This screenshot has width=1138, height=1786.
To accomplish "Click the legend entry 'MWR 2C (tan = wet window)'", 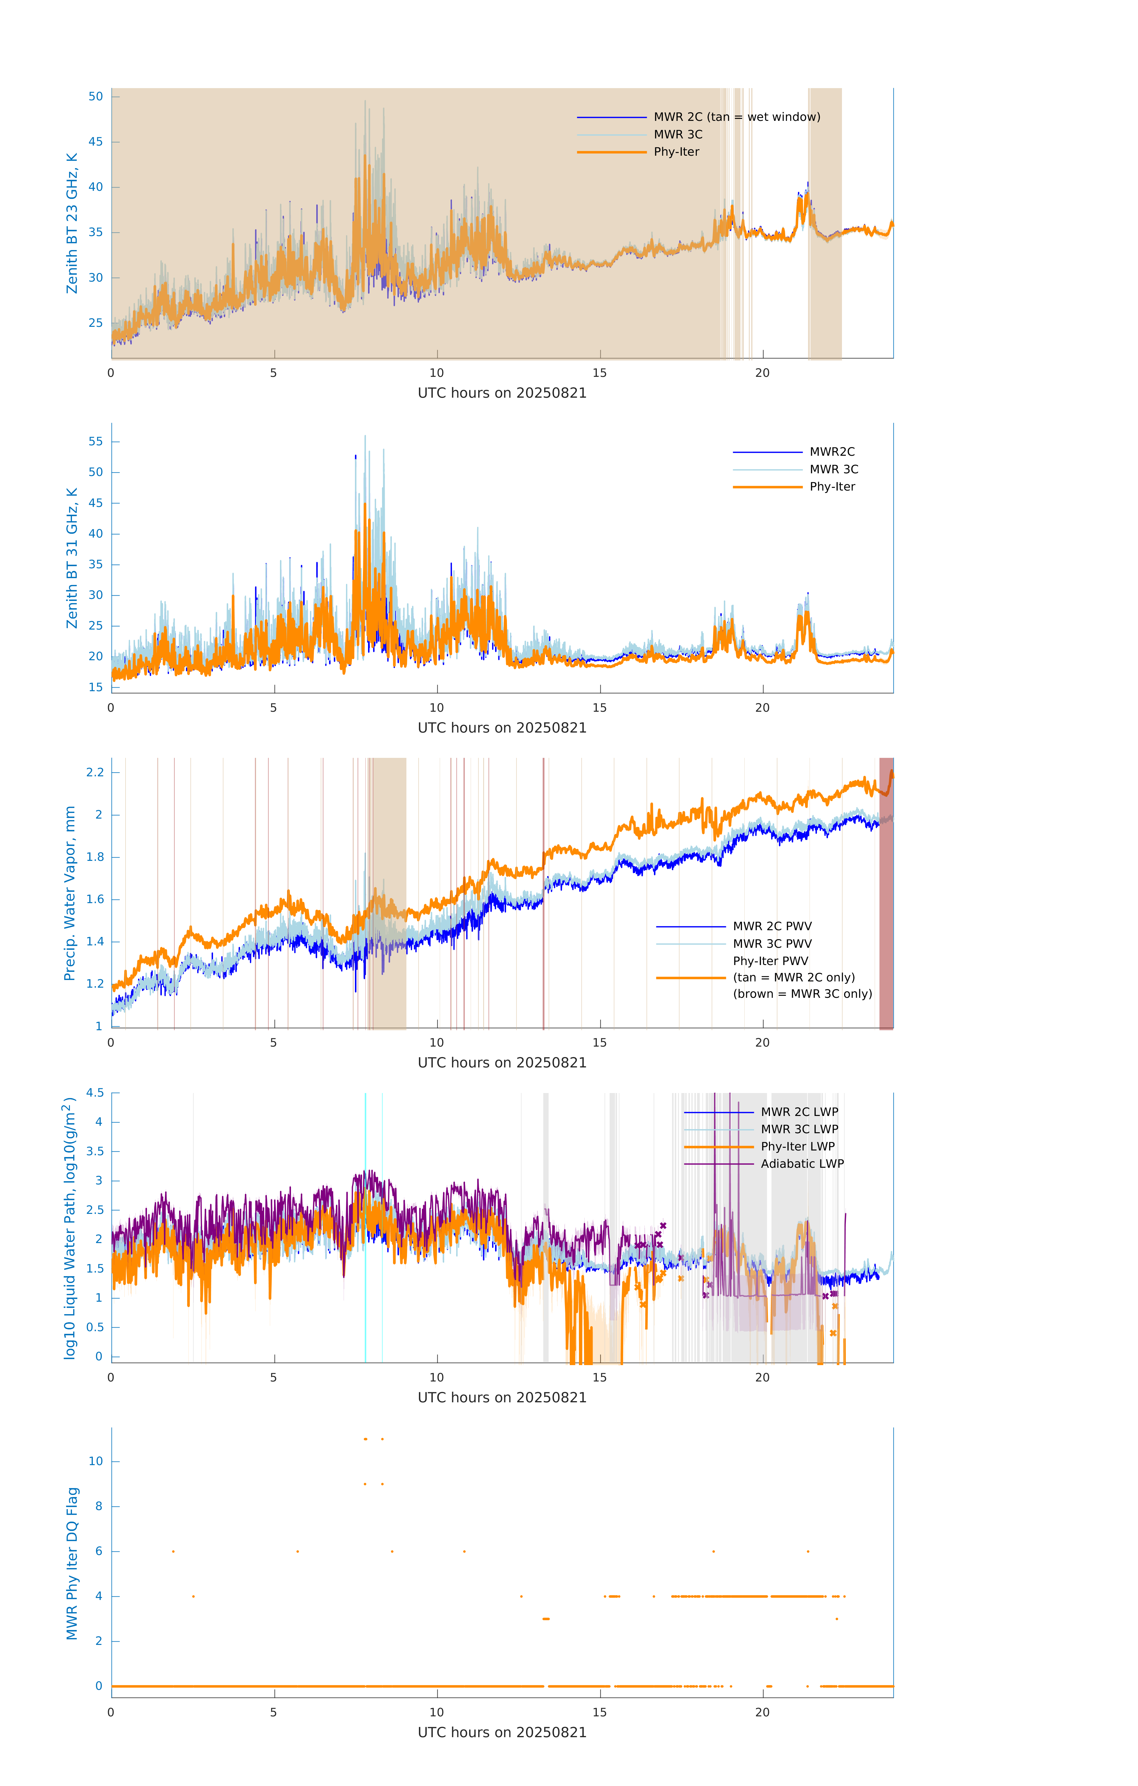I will tap(736, 117).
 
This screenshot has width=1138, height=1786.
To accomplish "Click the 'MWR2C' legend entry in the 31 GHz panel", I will tap(831, 452).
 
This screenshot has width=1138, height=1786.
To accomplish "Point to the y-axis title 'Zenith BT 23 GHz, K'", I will tap(72, 223).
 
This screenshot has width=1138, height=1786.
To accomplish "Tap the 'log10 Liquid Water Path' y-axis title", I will tap(70, 1228).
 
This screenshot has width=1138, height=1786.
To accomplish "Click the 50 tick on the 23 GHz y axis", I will tap(96, 96).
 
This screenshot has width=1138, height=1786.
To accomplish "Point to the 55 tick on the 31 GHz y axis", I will tap(96, 441).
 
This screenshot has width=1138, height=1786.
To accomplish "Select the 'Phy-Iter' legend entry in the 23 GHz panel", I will tap(676, 152).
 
